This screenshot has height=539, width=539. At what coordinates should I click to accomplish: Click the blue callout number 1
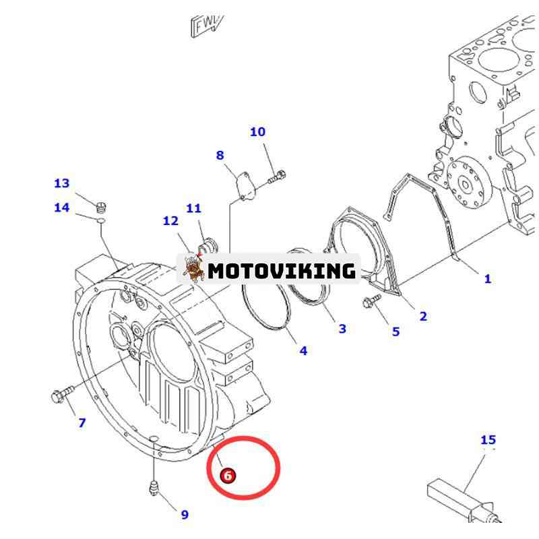(487, 278)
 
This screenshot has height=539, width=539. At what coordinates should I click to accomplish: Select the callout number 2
(423, 316)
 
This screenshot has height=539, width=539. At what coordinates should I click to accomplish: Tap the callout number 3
(342, 328)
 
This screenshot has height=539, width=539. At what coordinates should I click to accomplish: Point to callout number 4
(303, 350)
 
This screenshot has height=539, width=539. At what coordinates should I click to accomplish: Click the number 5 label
(395, 331)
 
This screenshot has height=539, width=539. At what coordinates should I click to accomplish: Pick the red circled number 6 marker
(228, 475)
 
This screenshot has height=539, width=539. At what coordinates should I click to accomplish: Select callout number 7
(82, 422)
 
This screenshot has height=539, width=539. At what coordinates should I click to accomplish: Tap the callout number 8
(220, 156)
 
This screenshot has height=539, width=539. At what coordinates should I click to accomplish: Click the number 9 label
(185, 515)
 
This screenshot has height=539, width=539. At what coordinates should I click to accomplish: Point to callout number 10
(258, 132)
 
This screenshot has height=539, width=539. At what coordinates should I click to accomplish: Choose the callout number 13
(61, 183)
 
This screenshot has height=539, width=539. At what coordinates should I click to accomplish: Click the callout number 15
(488, 440)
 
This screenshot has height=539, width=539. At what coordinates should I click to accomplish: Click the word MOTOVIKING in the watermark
(281, 271)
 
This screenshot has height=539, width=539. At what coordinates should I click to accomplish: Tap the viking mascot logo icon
(193, 268)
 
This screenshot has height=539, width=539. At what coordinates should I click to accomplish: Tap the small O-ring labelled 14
(99, 219)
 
